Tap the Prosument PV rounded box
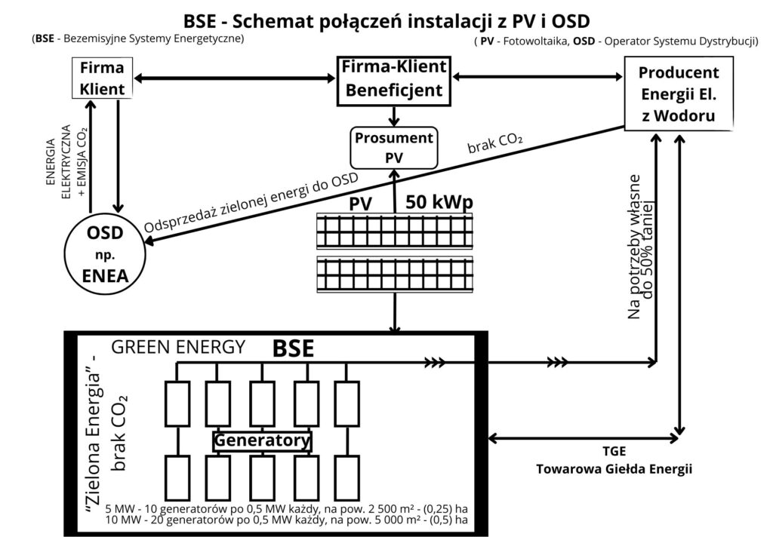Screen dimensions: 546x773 click(x=394, y=147)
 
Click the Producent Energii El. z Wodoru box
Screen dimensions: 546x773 click(x=679, y=94)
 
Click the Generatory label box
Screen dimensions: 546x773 click(x=262, y=440)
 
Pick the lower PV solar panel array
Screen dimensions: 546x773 click(x=395, y=275)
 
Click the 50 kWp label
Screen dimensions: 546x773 click(x=441, y=202)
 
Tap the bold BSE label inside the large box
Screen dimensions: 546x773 click(x=294, y=348)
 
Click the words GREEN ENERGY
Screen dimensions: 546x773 click(x=178, y=347)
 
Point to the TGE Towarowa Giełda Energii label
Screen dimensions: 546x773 click(x=614, y=461)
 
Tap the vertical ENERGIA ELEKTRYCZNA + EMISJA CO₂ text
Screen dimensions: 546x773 click(x=72, y=167)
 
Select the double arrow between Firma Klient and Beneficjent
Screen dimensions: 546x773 click(x=235, y=78)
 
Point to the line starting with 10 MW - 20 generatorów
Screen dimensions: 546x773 click(x=287, y=520)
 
